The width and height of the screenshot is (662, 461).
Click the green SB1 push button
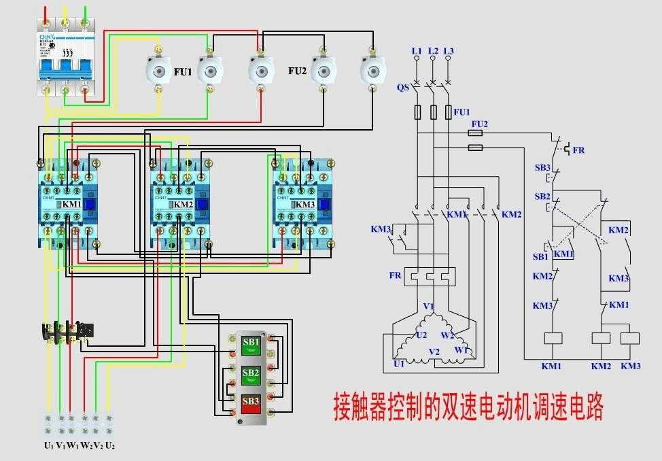point(251,345)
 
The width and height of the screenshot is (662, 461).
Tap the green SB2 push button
point(251,374)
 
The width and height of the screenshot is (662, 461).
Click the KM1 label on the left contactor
point(72,204)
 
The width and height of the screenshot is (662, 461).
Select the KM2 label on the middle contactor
point(184,205)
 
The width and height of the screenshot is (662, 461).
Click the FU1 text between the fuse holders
point(182,71)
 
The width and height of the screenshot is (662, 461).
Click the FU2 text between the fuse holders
point(298,71)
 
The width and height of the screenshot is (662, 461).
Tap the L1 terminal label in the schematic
point(417,51)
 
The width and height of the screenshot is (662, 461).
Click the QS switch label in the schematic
point(402,86)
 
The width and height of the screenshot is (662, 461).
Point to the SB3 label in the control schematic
point(542,167)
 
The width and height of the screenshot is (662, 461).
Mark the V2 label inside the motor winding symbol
point(434,352)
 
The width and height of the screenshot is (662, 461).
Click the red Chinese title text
point(468,407)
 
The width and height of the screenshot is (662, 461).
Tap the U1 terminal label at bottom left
point(48,446)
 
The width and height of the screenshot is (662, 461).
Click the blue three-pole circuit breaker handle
point(65,67)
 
